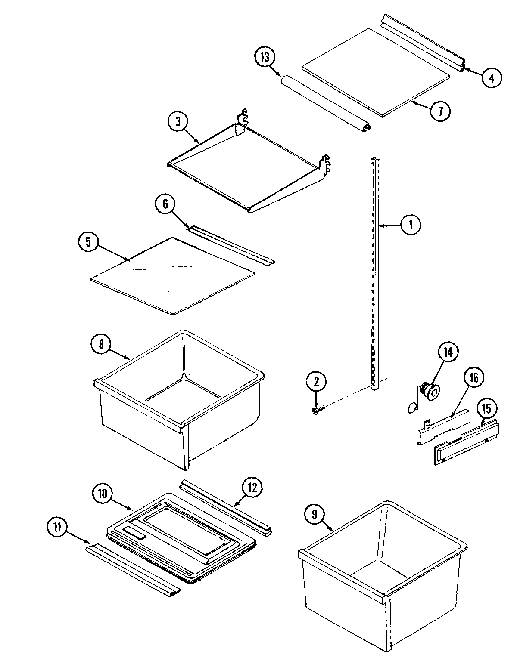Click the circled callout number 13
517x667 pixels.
264,58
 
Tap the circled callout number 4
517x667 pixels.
491,77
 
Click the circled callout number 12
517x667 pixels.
252,488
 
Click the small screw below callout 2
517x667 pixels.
315,411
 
